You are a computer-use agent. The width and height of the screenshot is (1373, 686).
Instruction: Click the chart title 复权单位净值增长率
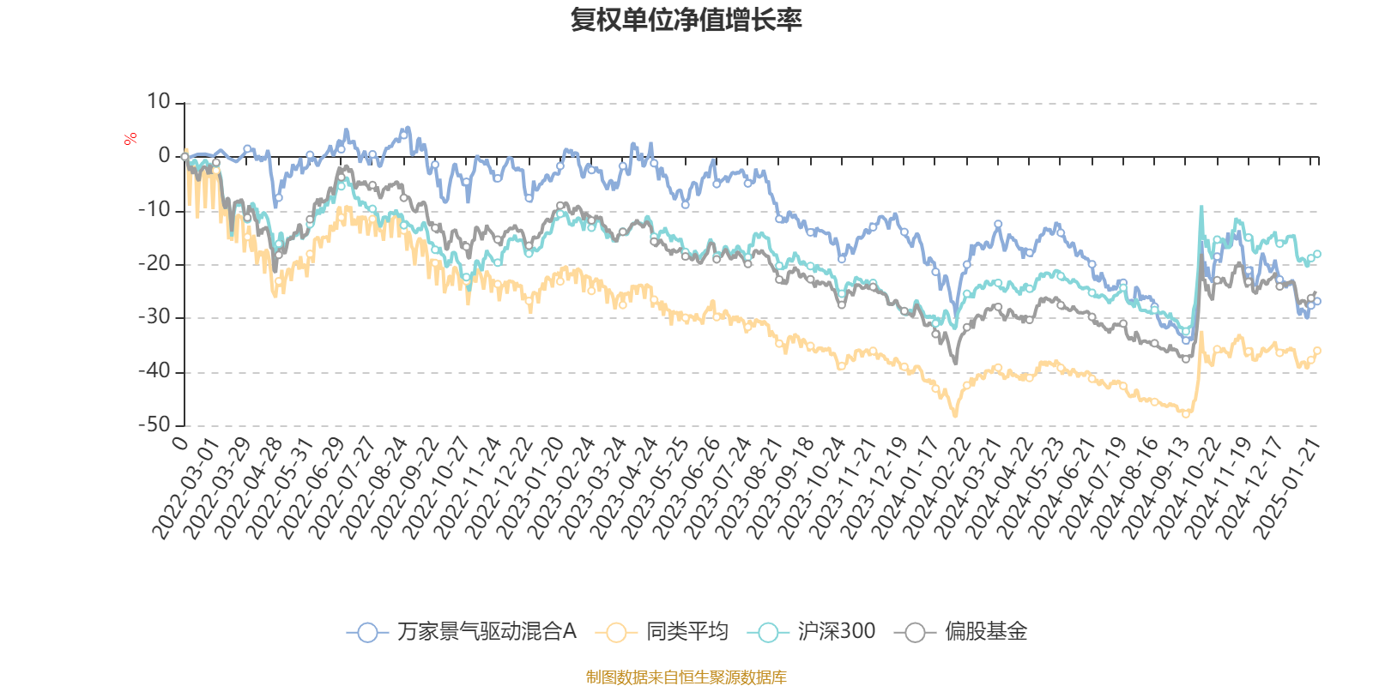686,21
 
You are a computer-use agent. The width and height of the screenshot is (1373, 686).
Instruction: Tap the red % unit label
130,139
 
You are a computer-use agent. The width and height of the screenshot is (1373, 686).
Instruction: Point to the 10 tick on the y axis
159,102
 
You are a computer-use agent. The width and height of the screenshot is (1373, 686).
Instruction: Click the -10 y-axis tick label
154,210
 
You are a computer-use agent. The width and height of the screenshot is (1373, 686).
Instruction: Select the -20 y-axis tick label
154,264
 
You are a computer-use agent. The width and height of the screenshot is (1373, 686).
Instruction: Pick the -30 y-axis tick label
154,317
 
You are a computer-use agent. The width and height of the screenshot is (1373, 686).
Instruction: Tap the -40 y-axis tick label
154,371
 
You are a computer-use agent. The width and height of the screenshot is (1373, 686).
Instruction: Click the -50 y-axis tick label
154,424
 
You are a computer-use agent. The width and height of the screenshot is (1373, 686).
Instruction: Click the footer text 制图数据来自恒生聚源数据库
686,677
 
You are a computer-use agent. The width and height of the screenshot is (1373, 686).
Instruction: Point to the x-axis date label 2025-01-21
1286,489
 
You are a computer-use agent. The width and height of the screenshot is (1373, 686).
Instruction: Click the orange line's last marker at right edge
1317,350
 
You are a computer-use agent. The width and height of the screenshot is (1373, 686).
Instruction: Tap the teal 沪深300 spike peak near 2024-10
1201,207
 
